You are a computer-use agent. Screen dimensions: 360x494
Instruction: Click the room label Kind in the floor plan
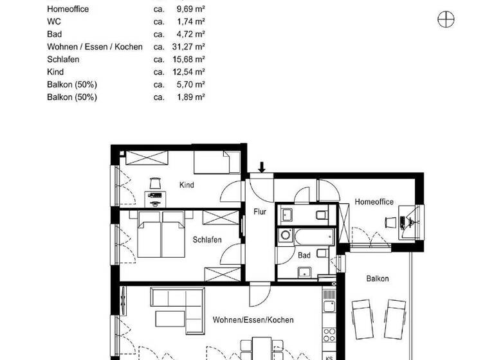[x=187, y=185]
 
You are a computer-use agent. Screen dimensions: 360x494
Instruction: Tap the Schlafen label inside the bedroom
[x=207, y=240]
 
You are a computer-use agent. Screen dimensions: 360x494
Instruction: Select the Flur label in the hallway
[x=260, y=212]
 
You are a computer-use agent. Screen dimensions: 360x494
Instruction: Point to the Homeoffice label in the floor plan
[x=374, y=202]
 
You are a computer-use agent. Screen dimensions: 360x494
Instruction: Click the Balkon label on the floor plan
[x=378, y=278]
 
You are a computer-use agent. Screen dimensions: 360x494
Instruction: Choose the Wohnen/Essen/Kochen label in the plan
[x=253, y=319]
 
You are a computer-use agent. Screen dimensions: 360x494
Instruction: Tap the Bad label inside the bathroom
[x=304, y=255]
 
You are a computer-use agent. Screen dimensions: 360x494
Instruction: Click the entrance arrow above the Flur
[x=261, y=167]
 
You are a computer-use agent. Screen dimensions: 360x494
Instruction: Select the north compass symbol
[x=446, y=20]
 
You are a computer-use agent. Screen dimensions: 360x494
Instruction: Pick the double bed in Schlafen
[x=161, y=236]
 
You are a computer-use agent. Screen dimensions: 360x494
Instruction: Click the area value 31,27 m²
[x=192, y=47]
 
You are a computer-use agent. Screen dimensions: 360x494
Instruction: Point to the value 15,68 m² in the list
[x=192, y=59]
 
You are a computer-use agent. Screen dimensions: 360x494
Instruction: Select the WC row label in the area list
[x=54, y=22]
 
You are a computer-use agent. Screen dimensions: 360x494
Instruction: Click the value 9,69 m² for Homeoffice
[x=192, y=10]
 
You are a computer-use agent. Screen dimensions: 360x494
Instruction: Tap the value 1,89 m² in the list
[x=192, y=97]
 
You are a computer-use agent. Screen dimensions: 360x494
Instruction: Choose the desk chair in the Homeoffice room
[x=390, y=222]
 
